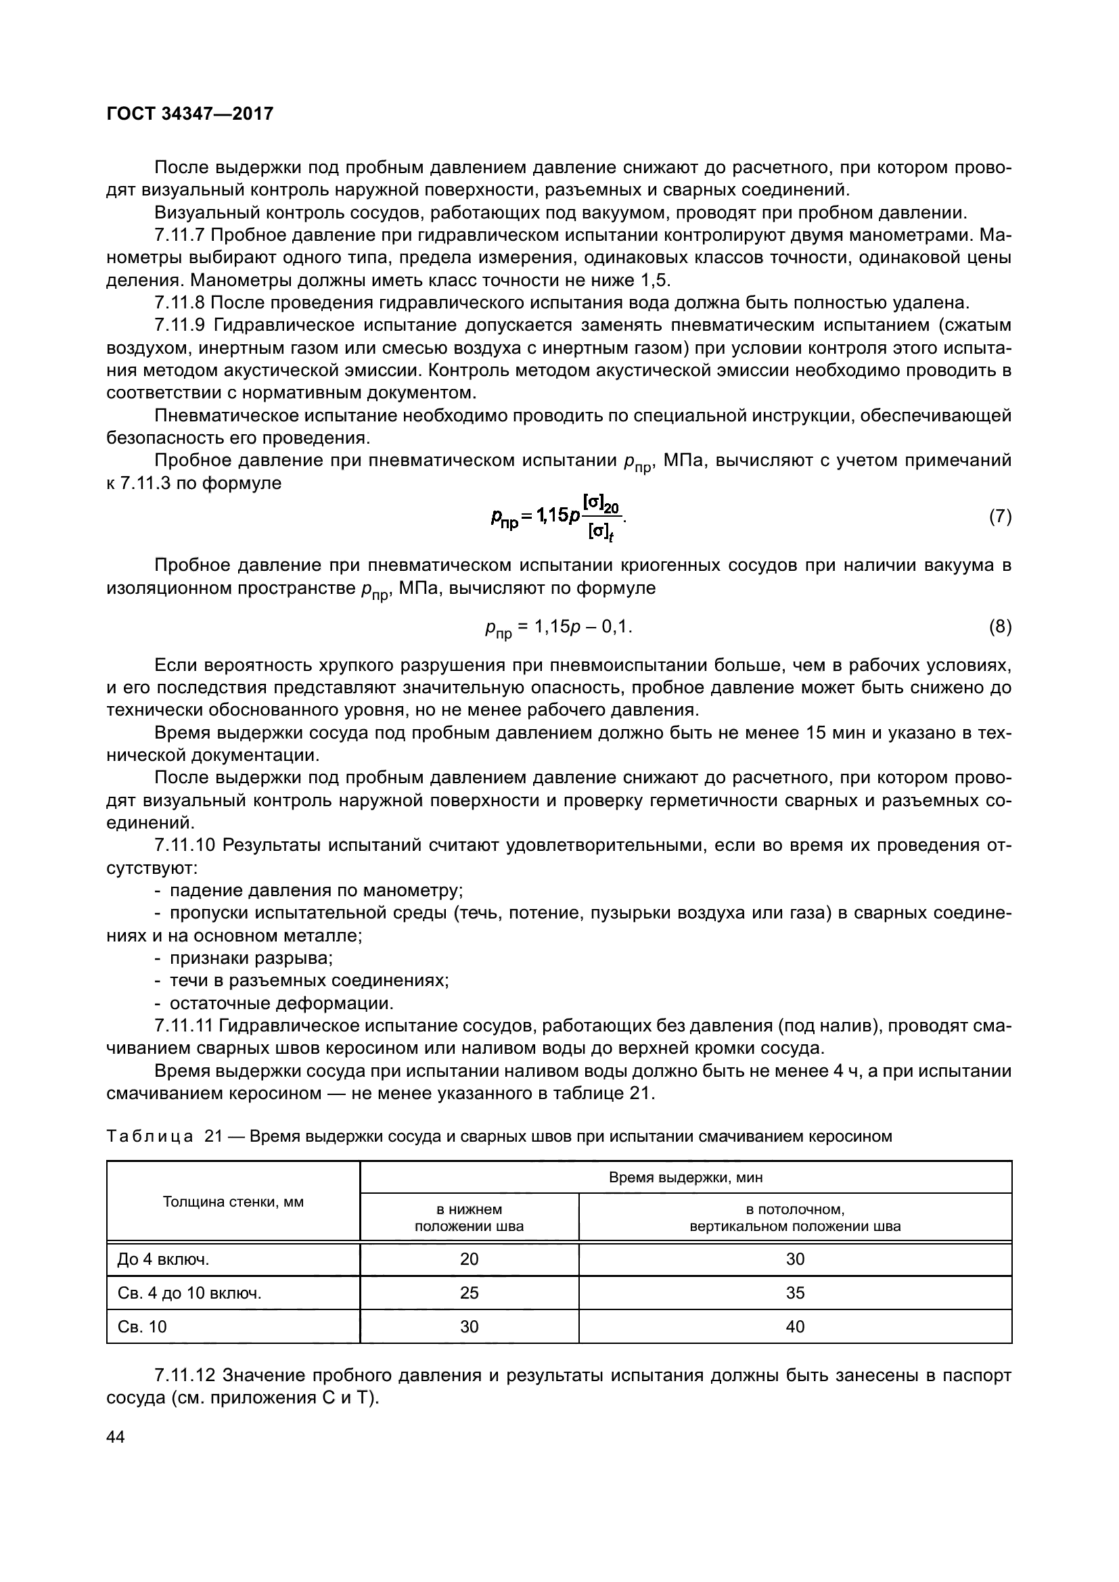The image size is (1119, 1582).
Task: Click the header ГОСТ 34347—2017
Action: [x=189, y=114]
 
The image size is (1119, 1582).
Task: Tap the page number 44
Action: [x=116, y=1437]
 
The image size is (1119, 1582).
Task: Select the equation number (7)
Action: [x=1000, y=517]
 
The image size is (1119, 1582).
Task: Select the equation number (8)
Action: [x=1000, y=626]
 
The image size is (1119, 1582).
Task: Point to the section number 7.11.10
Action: [x=185, y=845]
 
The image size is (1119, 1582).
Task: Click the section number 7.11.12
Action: [x=185, y=1375]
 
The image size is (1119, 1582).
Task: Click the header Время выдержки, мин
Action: [x=685, y=1178]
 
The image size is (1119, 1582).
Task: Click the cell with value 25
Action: [x=470, y=1293]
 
